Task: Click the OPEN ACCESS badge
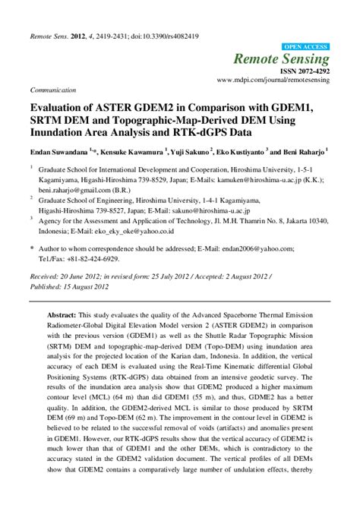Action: (306, 47)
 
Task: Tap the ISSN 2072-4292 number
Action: (305, 71)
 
